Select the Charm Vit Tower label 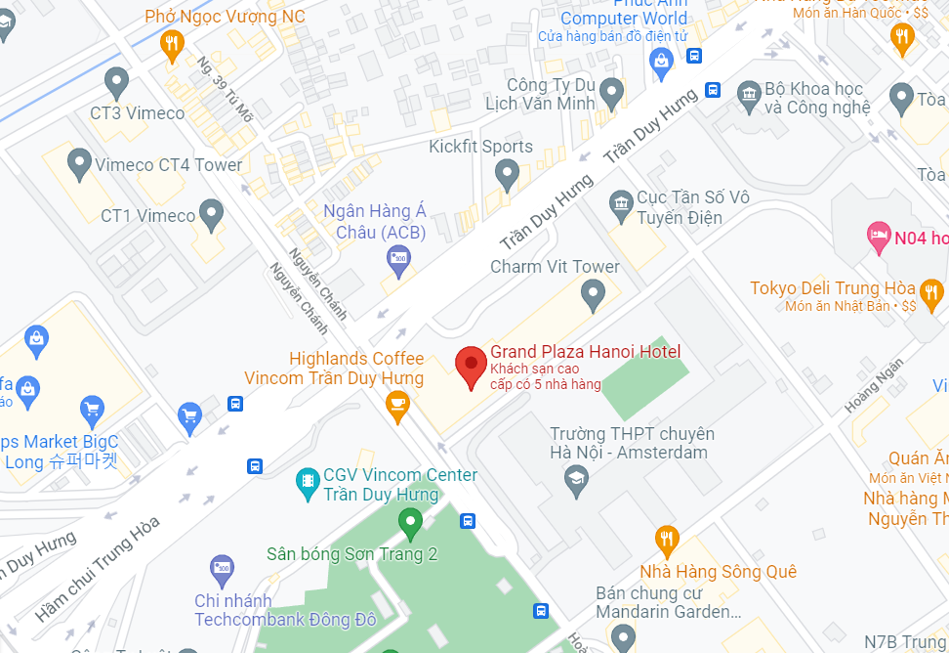[x=555, y=267]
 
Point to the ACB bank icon [x=397, y=259]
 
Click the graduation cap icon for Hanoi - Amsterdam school [x=576, y=478]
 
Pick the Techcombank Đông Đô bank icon [x=223, y=568]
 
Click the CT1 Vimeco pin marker [x=211, y=212]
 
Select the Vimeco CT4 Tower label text [x=168, y=165]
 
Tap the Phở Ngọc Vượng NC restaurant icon [x=173, y=42]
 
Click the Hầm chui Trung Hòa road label [x=98, y=569]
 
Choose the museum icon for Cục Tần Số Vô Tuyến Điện [x=620, y=204]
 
